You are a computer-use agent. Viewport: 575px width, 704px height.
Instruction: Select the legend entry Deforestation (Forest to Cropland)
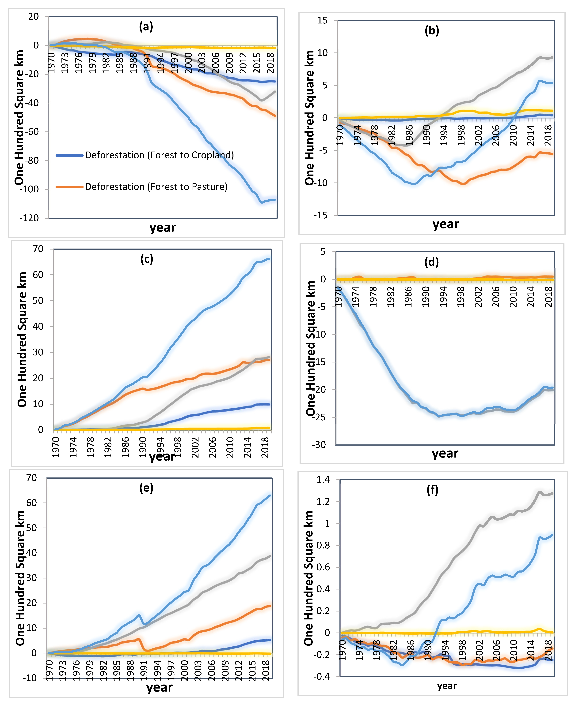coord(159,155)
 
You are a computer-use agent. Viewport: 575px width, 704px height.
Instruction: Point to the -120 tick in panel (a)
coord(29,218)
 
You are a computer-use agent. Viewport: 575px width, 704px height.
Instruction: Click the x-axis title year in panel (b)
coord(446,224)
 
